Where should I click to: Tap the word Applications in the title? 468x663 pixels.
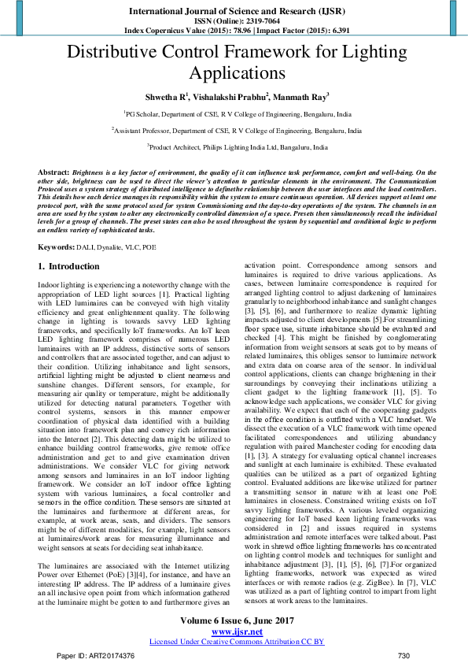234,74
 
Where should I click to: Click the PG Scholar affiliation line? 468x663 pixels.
234,113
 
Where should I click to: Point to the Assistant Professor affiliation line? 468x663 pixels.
234,130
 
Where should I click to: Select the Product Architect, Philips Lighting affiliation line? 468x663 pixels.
234,146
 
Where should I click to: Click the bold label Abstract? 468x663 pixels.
53,171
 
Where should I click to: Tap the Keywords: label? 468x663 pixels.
57,246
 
